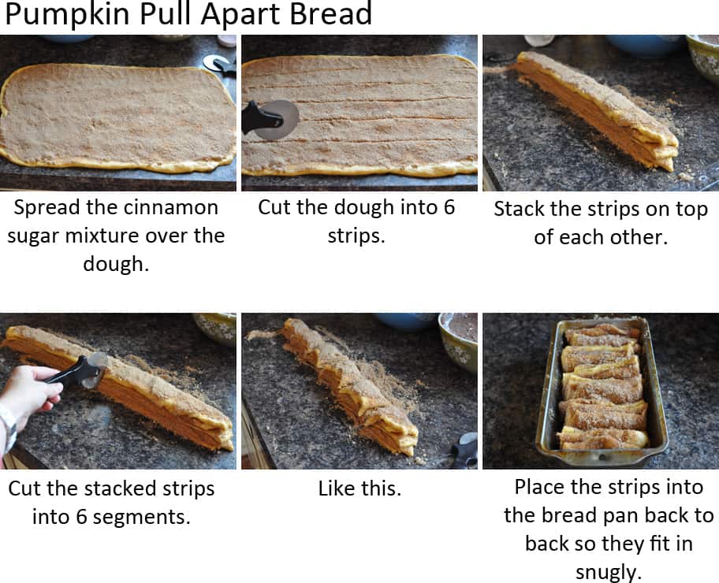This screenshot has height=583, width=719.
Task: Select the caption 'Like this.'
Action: (x=359, y=488)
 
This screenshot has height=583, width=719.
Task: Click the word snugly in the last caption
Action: (x=609, y=571)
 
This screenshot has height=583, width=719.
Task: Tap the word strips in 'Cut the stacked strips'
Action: (x=184, y=488)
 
